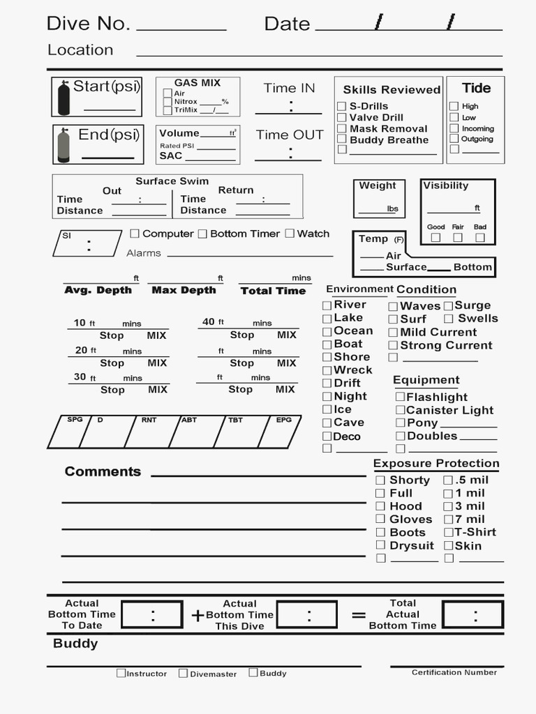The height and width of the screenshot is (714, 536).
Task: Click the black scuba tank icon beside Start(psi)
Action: [64, 98]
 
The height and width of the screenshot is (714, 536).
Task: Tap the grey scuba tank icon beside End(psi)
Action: [64, 145]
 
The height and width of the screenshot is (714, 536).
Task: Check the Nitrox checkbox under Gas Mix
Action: [167, 102]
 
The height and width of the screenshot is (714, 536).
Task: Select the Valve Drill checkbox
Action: [342, 118]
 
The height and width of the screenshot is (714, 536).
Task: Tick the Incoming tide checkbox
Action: [454, 128]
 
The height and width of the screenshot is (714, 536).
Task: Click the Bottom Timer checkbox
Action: [202, 234]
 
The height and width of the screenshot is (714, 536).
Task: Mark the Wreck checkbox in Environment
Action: [327, 370]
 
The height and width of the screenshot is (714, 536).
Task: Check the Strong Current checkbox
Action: [393, 346]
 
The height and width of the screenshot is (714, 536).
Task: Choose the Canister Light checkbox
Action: [401, 411]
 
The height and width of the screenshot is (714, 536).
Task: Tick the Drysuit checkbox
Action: [380, 545]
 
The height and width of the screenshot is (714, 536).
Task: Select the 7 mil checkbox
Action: [449, 519]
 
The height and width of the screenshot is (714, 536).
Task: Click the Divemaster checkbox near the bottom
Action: [183, 674]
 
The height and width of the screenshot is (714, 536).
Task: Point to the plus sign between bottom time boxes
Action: [198, 615]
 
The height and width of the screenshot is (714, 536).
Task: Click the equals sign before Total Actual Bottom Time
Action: [359, 615]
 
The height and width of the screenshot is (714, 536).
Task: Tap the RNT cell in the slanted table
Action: [148, 432]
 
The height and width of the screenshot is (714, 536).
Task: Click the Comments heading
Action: [103, 472]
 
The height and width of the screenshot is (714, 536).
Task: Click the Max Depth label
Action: [184, 290]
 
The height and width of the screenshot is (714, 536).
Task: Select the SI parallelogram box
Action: [87, 243]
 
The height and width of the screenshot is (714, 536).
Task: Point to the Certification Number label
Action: [454, 673]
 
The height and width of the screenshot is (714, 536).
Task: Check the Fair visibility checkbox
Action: [458, 238]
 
